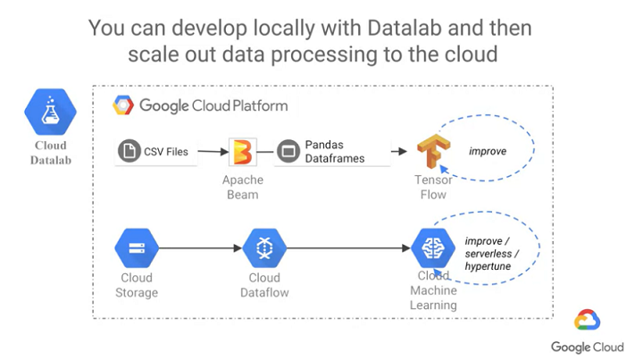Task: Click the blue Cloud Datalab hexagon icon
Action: tap(50, 112)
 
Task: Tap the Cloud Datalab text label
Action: tap(50, 153)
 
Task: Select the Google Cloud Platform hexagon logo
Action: tap(123, 105)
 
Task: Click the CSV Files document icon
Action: tap(129, 151)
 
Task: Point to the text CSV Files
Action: tap(166, 152)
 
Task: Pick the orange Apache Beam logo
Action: tap(243, 152)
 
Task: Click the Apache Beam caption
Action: tap(243, 187)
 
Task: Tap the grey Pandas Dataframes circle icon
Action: tap(288, 151)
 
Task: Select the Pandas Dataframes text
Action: tap(335, 151)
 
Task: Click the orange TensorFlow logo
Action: tap(433, 151)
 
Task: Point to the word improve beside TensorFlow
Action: tap(488, 151)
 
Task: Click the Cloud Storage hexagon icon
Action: tap(137, 248)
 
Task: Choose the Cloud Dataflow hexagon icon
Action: tap(264, 248)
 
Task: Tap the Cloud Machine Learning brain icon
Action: tap(433, 248)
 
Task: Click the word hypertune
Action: tap(488, 266)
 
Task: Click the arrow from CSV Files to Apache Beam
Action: tap(213, 151)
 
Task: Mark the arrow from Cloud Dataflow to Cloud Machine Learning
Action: tap(348, 248)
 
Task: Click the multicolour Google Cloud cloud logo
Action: tap(588, 320)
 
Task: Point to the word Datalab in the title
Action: tap(405, 28)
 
